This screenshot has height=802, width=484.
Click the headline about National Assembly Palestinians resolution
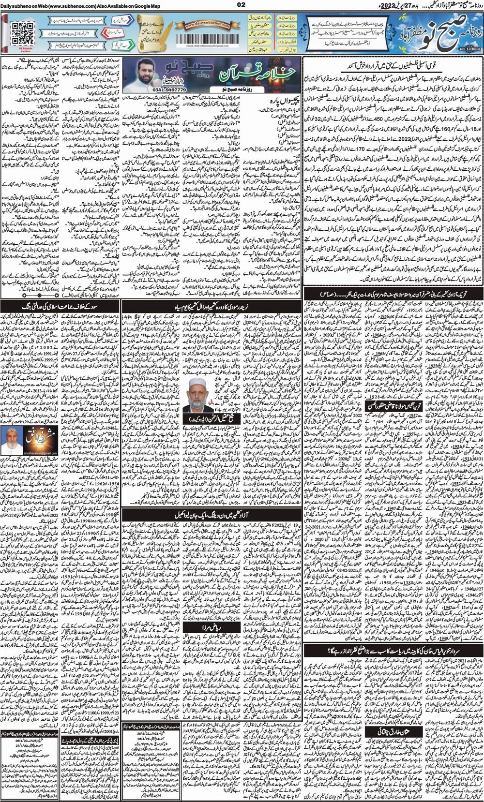coord(393,63)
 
